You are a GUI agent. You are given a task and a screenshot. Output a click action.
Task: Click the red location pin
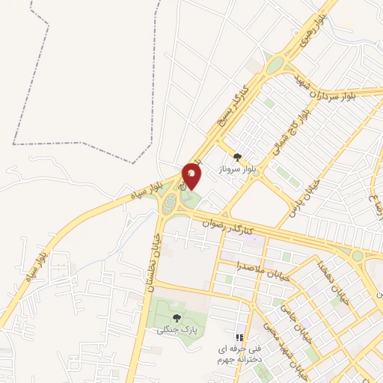click(x=192, y=175)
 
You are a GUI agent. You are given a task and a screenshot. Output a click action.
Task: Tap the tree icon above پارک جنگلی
click(x=177, y=317)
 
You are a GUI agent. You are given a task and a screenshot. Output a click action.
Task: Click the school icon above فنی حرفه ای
click(x=239, y=337)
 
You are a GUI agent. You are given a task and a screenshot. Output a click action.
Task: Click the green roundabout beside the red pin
click(x=171, y=203)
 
